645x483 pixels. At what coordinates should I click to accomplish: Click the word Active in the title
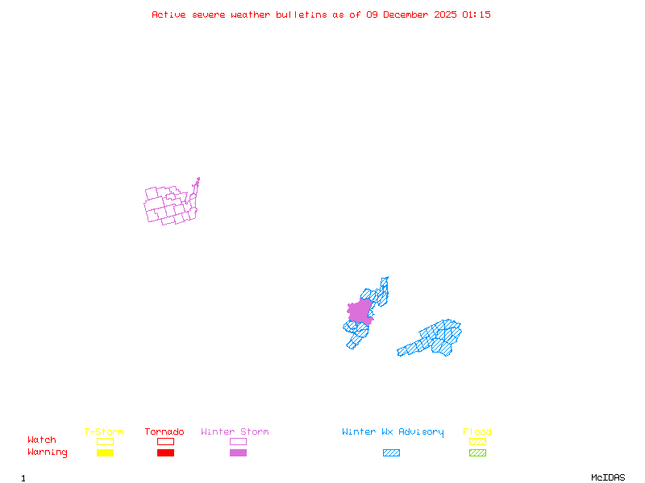tap(169, 14)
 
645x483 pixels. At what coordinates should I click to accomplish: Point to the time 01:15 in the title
tap(476, 14)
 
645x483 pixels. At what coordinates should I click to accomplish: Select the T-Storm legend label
tap(104, 432)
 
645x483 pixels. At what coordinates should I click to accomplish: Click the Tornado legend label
tap(164, 432)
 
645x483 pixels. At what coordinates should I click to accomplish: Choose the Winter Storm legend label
tap(235, 432)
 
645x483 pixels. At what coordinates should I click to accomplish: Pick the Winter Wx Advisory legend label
tap(393, 432)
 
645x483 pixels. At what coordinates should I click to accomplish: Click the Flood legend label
tap(477, 432)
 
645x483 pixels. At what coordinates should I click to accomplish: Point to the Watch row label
tap(42, 440)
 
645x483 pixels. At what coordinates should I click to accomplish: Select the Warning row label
tap(48, 452)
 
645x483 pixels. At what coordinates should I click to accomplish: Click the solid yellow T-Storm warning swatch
tap(105, 453)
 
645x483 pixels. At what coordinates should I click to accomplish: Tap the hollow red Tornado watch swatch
tap(165, 441)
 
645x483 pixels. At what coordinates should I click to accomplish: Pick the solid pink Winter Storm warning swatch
tap(238, 453)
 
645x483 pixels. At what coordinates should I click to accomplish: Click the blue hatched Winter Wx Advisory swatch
tap(391, 453)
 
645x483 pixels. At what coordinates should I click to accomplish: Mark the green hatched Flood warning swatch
tap(477, 453)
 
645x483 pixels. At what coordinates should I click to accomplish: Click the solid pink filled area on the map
tap(360, 312)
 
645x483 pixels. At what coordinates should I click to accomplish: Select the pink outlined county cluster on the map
tap(170, 204)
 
